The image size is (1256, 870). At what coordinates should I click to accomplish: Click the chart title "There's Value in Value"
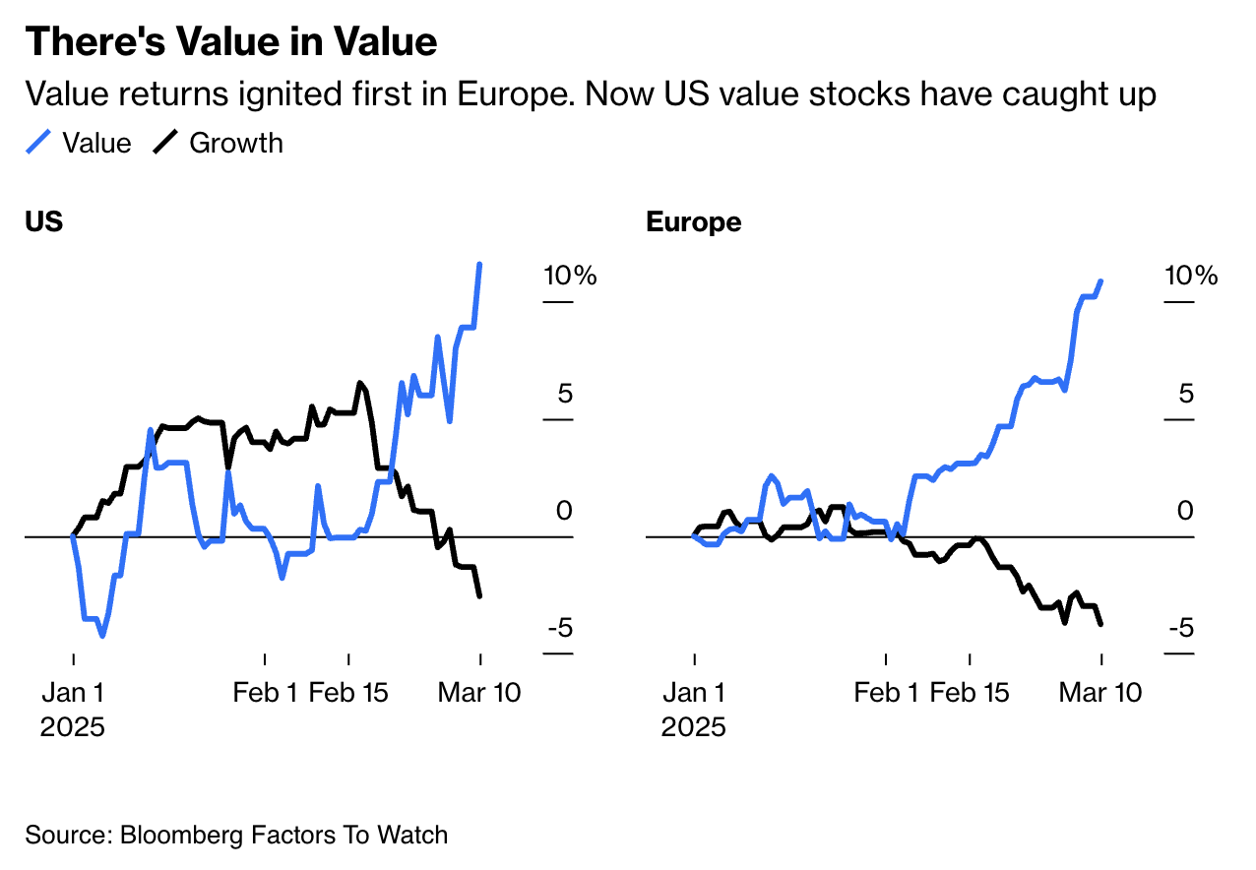(x=231, y=42)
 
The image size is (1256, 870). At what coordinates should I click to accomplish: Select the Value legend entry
(x=79, y=144)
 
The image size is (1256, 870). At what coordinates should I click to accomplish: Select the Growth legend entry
(x=219, y=144)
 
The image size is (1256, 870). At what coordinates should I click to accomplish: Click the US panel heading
(x=44, y=222)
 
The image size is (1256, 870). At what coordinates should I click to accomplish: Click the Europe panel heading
(x=694, y=222)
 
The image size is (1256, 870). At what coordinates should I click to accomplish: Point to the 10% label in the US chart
(x=571, y=277)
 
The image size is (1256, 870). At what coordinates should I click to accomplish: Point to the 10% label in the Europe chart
(x=1192, y=277)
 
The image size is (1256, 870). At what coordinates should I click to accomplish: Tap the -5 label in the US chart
(x=558, y=628)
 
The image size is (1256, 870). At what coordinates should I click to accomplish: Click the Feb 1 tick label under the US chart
(x=265, y=693)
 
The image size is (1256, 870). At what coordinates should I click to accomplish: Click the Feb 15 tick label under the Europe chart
(x=970, y=693)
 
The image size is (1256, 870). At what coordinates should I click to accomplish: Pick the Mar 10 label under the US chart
(x=479, y=693)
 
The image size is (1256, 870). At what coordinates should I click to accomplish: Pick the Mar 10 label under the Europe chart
(x=1100, y=693)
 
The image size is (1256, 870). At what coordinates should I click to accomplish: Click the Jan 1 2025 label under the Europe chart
(x=694, y=709)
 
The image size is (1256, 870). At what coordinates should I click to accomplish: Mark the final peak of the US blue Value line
(x=479, y=265)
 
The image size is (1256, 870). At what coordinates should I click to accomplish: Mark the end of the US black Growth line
(x=479, y=595)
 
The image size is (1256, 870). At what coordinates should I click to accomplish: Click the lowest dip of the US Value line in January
(x=102, y=636)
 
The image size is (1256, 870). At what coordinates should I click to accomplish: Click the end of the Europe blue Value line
(x=1100, y=281)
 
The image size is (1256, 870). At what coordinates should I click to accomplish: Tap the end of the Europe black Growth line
(x=1100, y=623)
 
